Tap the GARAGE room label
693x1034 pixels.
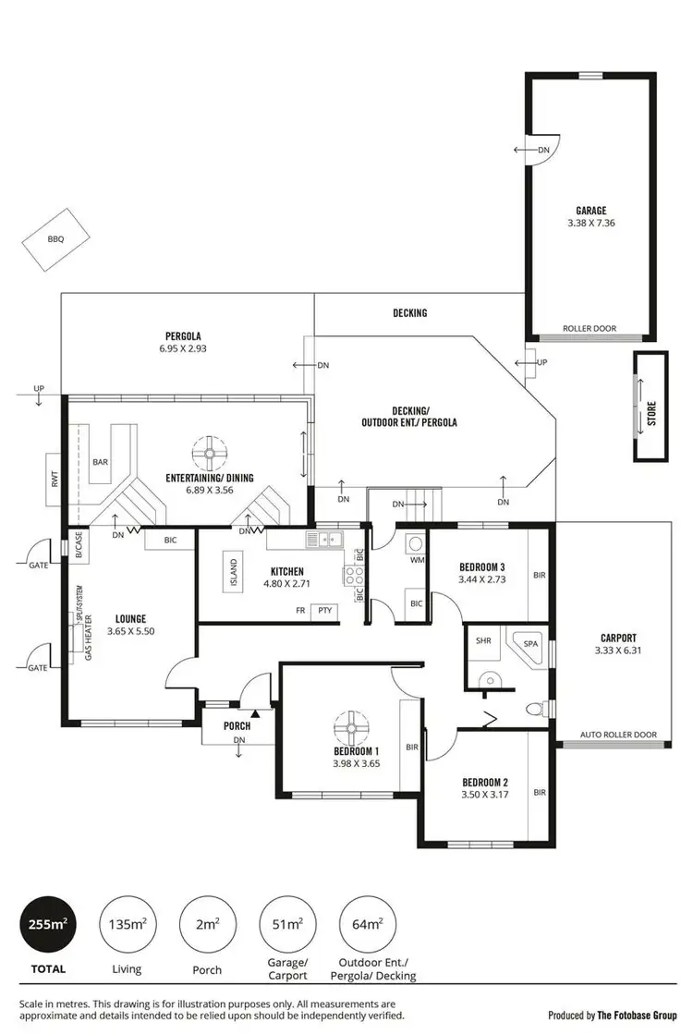point(590,211)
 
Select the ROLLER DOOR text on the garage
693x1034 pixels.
point(590,329)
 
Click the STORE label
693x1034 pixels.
point(650,411)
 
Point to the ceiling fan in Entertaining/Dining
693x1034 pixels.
point(211,453)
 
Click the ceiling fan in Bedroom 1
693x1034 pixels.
point(351,725)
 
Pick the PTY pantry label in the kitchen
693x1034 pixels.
point(324,611)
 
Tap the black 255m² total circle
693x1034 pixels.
point(47,924)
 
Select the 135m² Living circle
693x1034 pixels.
point(127,924)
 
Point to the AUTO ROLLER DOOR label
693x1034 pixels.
point(618,736)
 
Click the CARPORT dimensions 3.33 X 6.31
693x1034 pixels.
point(617,651)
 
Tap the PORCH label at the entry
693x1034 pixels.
point(237,726)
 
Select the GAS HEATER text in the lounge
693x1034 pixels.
point(89,638)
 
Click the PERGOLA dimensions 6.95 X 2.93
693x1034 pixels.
point(184,349)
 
